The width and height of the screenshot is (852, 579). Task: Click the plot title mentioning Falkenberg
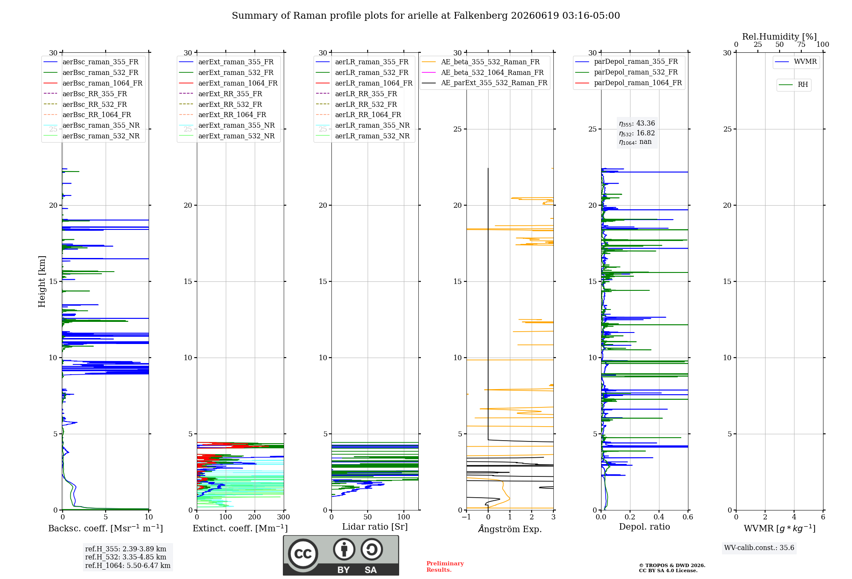click(426, 16)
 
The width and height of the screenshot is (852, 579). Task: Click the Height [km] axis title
click(42, 281)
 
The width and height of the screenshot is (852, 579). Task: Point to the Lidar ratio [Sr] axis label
click(375, 527)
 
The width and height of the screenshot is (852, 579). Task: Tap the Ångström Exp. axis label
click(510, 529)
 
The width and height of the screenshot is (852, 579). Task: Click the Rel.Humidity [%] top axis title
click(780, 37)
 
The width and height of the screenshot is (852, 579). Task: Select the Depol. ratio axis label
click(645, 527)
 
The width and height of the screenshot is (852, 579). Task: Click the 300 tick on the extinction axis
click(284, 517)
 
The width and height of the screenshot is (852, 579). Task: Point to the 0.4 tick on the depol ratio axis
click(659, 517)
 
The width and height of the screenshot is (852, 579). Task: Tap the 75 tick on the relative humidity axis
click(801, 44)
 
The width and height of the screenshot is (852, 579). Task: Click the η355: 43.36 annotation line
click(637, 123)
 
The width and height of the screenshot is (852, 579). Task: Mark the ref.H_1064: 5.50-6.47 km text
click(128, 566)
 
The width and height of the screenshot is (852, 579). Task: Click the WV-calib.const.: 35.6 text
click(759, 548)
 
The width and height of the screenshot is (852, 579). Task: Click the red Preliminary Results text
click(445, 567)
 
